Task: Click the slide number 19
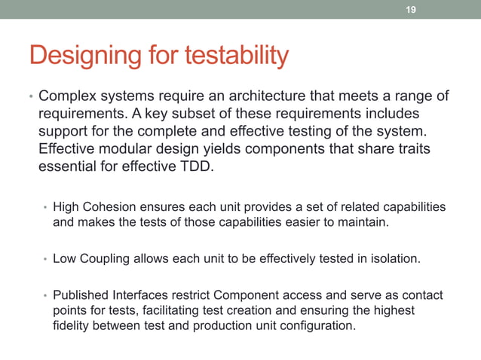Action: coord(411,10)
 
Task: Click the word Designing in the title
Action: coord(78,56)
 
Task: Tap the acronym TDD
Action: coord(196,166)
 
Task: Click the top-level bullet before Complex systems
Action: coord(30,98)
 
